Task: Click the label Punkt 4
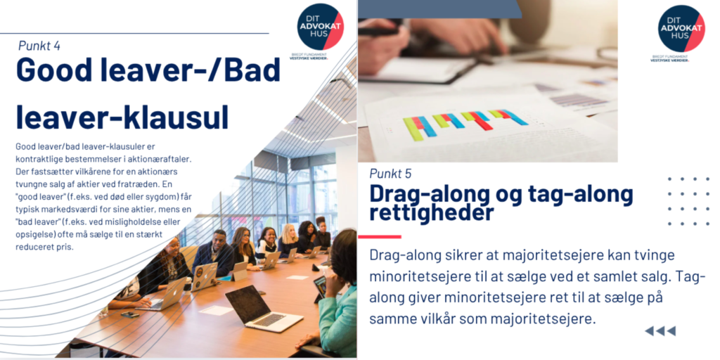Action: [39, 46]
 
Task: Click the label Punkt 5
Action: [390, 174]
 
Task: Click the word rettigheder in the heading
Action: [432, 213]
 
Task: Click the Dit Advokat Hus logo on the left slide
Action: [320, 27]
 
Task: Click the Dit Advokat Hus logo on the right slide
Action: [681, 28]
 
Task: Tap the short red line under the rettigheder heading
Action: [379, 237]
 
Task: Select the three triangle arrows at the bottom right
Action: [660, 331]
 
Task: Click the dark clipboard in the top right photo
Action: [416, 70]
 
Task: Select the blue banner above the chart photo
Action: [439, 8]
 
